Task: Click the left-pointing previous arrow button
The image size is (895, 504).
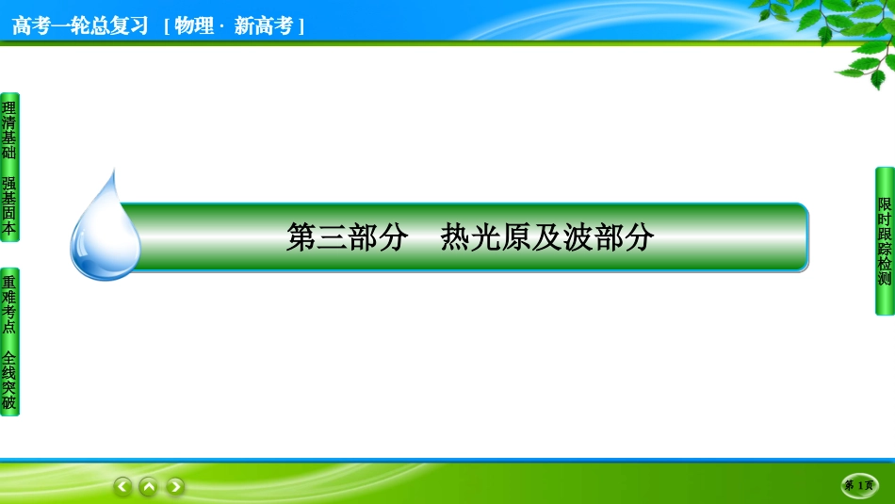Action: [x=122, y=486]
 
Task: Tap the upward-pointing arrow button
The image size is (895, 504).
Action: [x=149, y=486]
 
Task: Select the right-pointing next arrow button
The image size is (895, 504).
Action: [x=175, y=486]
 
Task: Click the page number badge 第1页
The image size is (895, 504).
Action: [x=859, y=485]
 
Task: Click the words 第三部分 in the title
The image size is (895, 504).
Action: [x=347, y=237]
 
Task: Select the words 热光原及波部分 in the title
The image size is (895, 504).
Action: [x=546, y=237]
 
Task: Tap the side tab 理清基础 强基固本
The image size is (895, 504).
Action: [x=9, y=168]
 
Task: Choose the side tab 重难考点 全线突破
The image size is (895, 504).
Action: [x=9, y=342]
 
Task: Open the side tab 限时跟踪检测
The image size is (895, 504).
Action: [x=885, y=241]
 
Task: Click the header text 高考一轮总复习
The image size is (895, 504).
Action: [x=80, y=25]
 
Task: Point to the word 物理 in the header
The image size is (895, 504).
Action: [x=194, y=25]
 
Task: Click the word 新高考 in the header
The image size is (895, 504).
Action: [x=264, y=25]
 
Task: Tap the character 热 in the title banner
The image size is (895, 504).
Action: [x=455, y=237]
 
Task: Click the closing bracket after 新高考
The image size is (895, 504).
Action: [x=301, y=26]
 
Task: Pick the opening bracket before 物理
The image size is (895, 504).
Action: [x=168, y=26]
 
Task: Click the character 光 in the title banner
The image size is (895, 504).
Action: [x=486, y=237]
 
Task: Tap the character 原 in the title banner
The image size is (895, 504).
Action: [x=516, y=237]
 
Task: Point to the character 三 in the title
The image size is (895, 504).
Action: [x=332, y=237]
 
